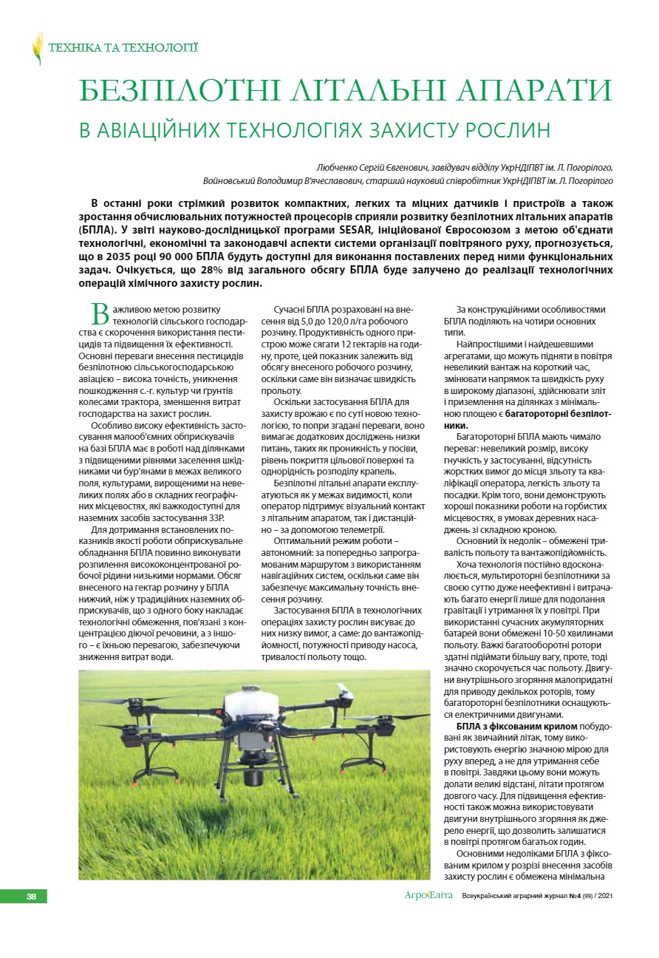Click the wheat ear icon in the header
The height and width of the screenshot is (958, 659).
pyautogui.click(x=38, y=49)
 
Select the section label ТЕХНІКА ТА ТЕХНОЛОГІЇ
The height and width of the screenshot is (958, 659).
pyautogui.click(x=123, y=49)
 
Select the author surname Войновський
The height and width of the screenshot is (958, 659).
pyautogui.click(x=232, y=180)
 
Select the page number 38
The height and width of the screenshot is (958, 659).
pyautogui.click(x=32, y=896)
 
